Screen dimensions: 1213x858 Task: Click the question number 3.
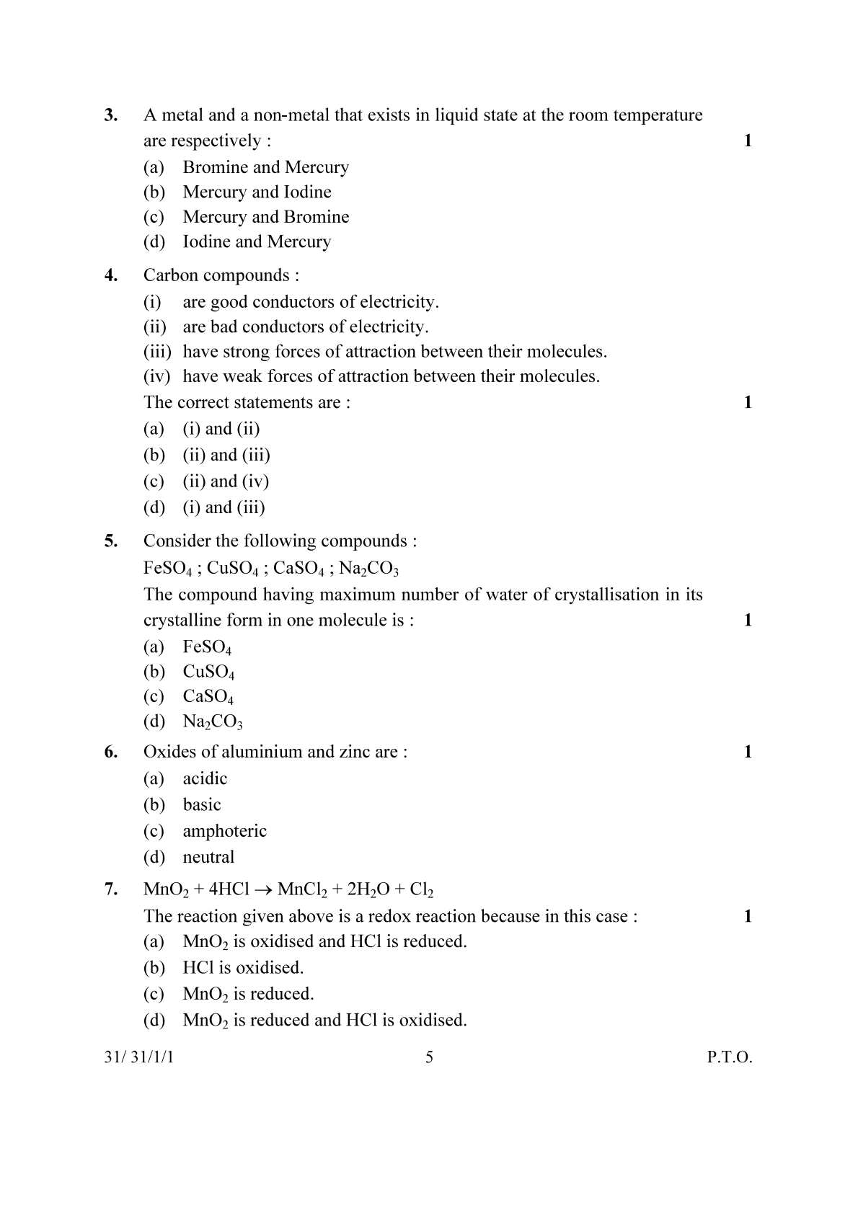tap(111, 115)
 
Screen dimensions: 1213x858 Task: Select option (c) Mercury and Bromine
tap(265, 217)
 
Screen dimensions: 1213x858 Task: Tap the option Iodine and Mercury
tap(256, 241)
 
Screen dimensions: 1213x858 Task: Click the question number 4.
tap(111, 275)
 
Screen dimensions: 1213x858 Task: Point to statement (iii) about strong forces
tap(394, 352)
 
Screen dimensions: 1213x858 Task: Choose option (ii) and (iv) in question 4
tap(225, 481)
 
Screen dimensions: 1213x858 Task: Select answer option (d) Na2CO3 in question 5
tap(212, 721)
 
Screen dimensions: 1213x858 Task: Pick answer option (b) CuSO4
tap(208, 672)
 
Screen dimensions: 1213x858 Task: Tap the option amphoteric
tap(224, 831)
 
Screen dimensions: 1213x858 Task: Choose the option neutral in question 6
tap(208, 857)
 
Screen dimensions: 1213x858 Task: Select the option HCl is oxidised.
tap(243, 967)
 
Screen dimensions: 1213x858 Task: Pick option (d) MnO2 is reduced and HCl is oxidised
tap(324, 1020)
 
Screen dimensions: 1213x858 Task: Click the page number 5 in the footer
tap(429, 1057)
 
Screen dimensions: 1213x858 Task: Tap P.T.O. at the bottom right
tap(729, 1057)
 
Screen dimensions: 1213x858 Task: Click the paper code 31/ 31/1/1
tap(138, 1057)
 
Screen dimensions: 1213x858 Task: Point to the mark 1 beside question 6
tap(747, 752)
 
